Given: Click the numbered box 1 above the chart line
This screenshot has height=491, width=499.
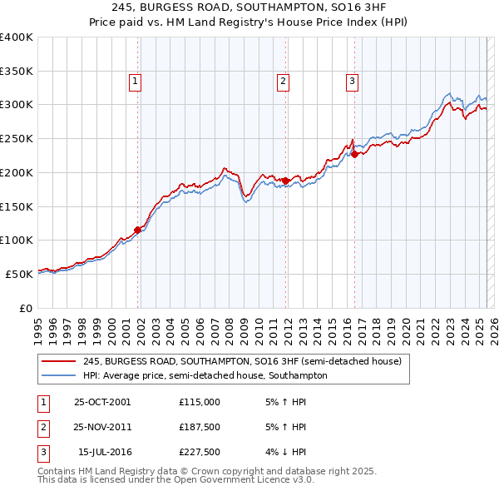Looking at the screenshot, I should point(136,81).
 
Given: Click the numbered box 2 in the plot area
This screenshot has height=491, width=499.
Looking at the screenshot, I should point(284,81).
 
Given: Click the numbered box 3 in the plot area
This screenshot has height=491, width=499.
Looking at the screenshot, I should point(352,81).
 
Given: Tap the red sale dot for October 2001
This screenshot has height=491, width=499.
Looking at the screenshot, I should point(138,230).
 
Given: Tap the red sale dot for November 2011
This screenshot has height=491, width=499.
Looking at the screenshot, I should point(286,181).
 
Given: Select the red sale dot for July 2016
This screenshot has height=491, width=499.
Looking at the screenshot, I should point(354,154).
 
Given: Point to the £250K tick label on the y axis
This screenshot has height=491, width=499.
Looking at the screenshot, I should point(17,138).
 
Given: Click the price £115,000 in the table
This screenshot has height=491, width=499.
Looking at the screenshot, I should point(199,401).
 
